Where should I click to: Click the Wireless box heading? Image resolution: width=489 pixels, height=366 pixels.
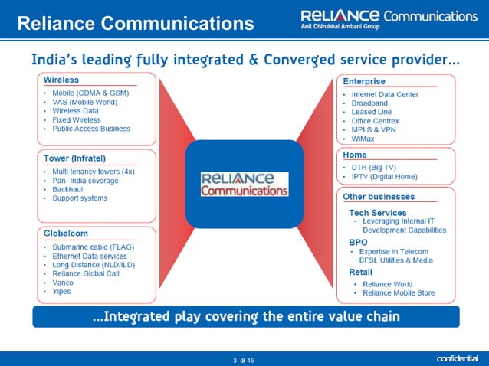tap(61, 80)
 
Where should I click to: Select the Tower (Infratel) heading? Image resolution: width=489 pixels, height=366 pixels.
tap(74, 158)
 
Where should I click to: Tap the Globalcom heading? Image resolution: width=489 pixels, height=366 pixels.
tap(66, 234)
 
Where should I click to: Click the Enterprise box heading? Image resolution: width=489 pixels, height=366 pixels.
tap(364, 81)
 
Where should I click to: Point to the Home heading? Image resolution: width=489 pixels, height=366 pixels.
tap(355, 155)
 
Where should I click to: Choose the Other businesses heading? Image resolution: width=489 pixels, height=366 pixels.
tap(379, 197)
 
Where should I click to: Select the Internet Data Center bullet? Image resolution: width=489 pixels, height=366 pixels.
tap(385, 94)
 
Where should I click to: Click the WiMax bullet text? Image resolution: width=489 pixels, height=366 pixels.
tap(364, 139)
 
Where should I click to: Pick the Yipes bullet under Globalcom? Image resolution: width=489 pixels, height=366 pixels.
tap(62, 292)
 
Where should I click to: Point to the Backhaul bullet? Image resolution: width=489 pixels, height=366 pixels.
tap(69, 189)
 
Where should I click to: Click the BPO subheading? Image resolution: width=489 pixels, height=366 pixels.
tap(358, 242)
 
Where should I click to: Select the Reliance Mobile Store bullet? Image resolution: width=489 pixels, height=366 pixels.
tap(399, 293)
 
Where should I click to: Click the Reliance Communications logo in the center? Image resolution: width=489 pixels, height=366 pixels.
tap(244, 184)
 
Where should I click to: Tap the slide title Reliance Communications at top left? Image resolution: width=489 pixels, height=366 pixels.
tap(135, 24)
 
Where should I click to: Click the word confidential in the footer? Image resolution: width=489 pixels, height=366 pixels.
tap(457, 358)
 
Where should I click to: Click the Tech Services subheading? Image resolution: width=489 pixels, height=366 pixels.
tap(378, 212)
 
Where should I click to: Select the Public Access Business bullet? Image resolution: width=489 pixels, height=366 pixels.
tap(91, 129)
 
